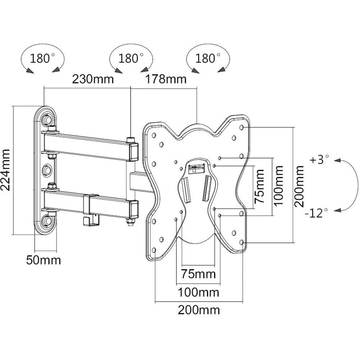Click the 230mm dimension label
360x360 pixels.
coord(93,79)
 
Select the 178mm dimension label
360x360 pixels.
coord(166,79)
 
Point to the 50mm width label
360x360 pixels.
coord(43,260)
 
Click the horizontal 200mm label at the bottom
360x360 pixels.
coord(199,310)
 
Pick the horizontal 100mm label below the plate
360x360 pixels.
coord(199,292)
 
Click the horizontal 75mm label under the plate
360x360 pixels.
coord(199,274)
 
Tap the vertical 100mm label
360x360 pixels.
coord(278,185)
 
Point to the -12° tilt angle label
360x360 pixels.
coord(317,212)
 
